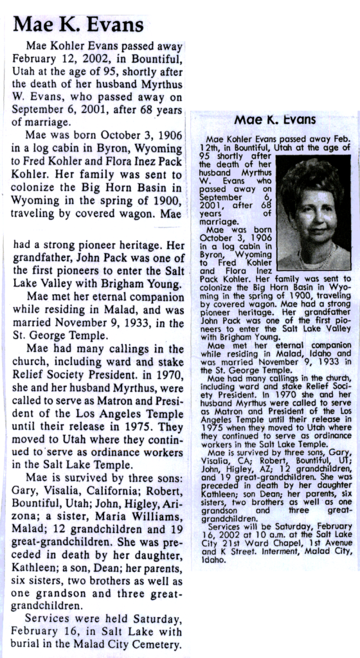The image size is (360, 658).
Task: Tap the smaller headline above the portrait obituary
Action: coord(274,120)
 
